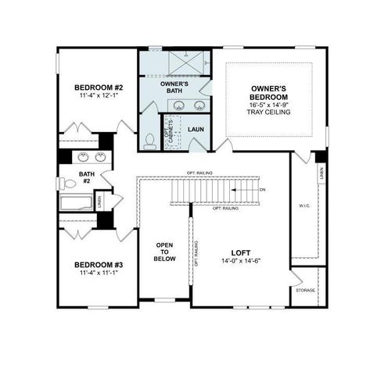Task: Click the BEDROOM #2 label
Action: point(98,87)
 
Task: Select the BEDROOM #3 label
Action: point(97,264)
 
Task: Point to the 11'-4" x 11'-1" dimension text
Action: point(97,273)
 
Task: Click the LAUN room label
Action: point(196,128)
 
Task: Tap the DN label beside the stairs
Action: point(262,189)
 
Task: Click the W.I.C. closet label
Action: point(305,207)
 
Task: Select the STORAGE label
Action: point(305,291)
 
